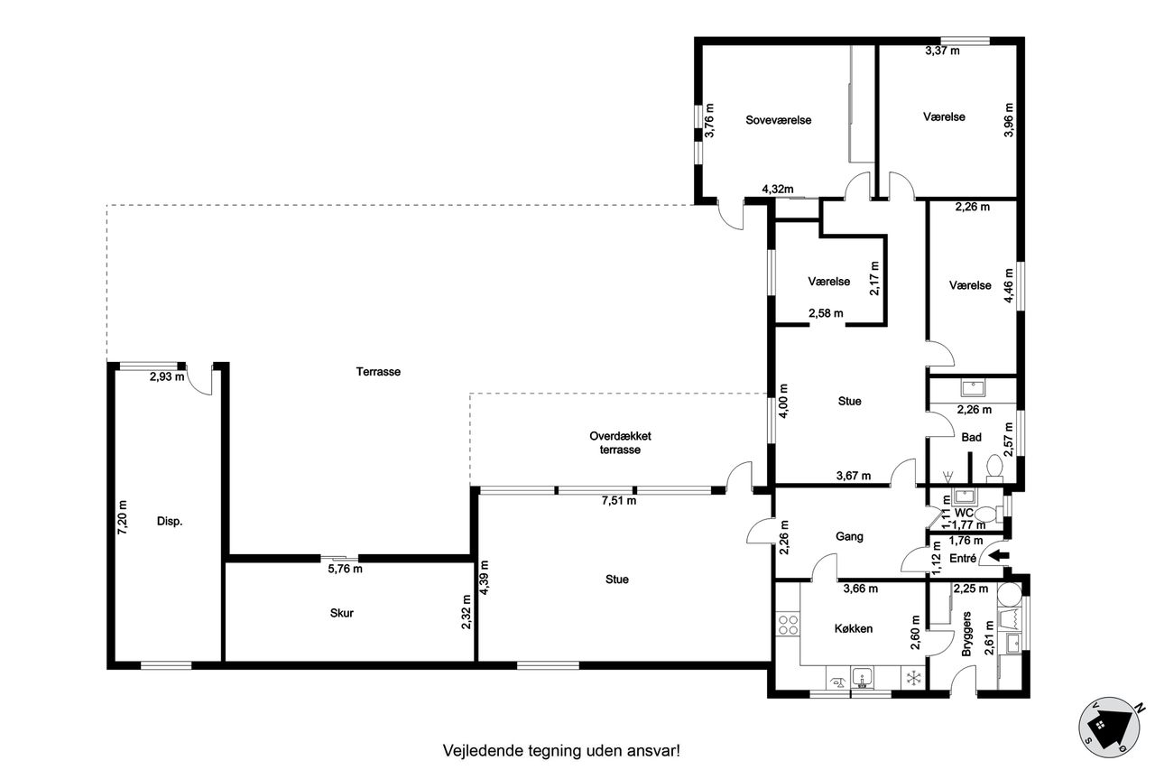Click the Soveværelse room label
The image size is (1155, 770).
coord(778,120)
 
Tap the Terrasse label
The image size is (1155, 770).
coord(378,371)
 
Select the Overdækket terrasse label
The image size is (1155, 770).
coord(620,442)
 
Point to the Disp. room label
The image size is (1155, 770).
coord(170,521)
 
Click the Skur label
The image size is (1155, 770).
coord(342,613)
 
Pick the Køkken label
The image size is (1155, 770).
coord(854,628)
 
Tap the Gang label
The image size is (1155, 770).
coord(849,536)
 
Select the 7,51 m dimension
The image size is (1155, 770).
coord(618,500)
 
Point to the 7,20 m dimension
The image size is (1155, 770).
coord(123,516)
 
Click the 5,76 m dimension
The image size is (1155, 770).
coord(345,569)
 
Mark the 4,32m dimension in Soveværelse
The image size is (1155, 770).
coord(778,190)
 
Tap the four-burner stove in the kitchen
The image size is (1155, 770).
coord(788,625)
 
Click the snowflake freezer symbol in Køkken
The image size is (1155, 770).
coord(914,678)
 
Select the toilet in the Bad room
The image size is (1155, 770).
coord(994,468)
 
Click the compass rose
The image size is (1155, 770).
coord(1110,728)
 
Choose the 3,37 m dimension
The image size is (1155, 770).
coord(943,51)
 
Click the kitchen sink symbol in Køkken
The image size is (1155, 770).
coord(862,677)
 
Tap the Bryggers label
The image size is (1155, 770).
coord(966,634)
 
